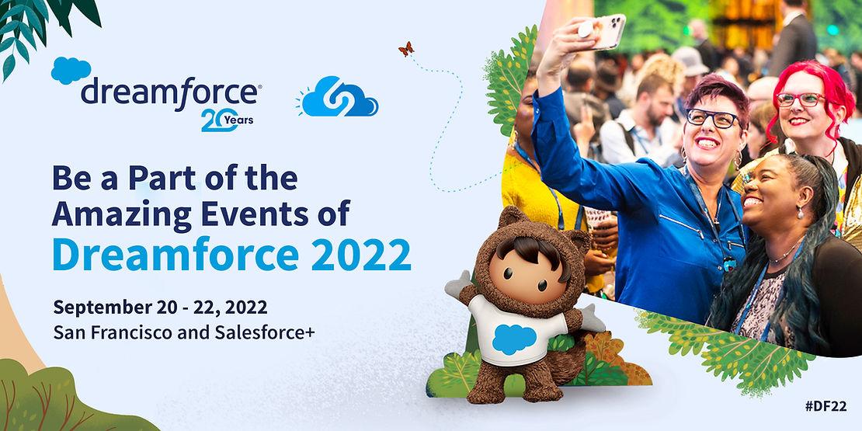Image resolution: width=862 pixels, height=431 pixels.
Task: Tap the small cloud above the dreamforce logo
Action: click(x=71, y=70)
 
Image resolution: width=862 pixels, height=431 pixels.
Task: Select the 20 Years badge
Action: click(x=227, y=120)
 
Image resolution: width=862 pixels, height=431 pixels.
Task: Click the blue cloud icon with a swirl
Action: click(x=337, y=97)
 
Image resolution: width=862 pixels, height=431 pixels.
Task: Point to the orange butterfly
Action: click(x=405, y=49)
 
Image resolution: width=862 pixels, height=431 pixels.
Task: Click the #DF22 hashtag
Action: click(x=826, y=406)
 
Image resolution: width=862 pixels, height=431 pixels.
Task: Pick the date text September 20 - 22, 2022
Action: click(x=161, y=308)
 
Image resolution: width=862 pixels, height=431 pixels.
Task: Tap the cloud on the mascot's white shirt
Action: click(x=514, y=339)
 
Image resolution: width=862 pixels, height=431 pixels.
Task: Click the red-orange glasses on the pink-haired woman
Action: click(x=801, y=99)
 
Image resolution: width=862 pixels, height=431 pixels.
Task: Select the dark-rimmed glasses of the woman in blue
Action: click(x=712, y=118)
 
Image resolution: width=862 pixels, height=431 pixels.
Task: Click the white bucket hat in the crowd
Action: click(x=690, y=61)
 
